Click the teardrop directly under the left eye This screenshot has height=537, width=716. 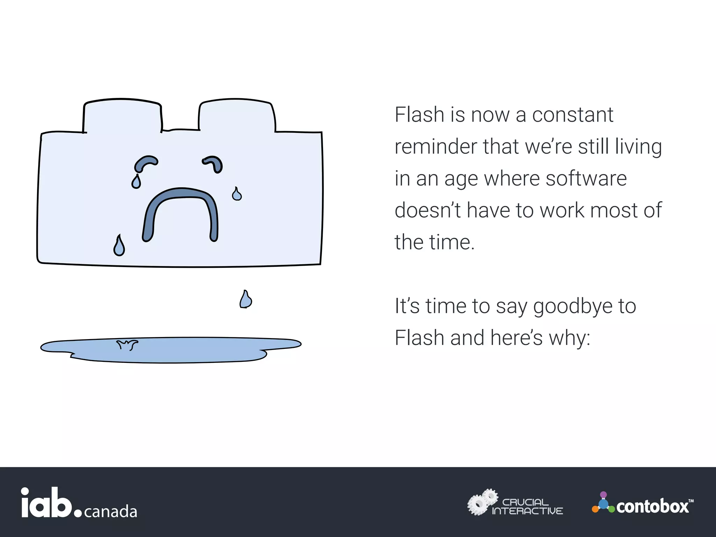[136, 182]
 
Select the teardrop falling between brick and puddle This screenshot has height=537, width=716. [245, 300]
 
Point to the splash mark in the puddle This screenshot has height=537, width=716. [127, 345]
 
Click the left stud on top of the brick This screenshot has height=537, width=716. [122, 115]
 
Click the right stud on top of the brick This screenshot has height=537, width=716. [237, 115]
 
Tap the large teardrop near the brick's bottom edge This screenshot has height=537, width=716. [119, 246]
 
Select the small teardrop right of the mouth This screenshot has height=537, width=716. [237, 194]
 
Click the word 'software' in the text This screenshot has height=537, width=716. [586, 178]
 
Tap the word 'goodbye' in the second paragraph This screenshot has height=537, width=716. [573, 306]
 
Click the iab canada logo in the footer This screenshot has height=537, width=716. [79, 503]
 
